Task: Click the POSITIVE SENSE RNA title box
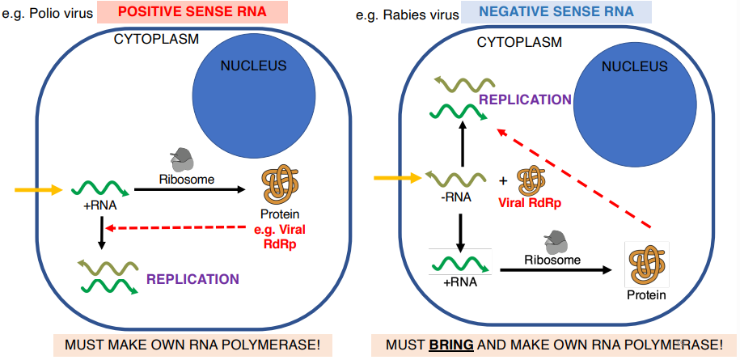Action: pyautogui.click(x=192, y=12)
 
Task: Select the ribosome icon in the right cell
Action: pyautogui.click(x=556, y=241)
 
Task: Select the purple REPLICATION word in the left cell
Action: pyautogui.click(x=192, y=279)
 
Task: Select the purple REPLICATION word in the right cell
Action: pyautogui.click(x=525, y=100)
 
